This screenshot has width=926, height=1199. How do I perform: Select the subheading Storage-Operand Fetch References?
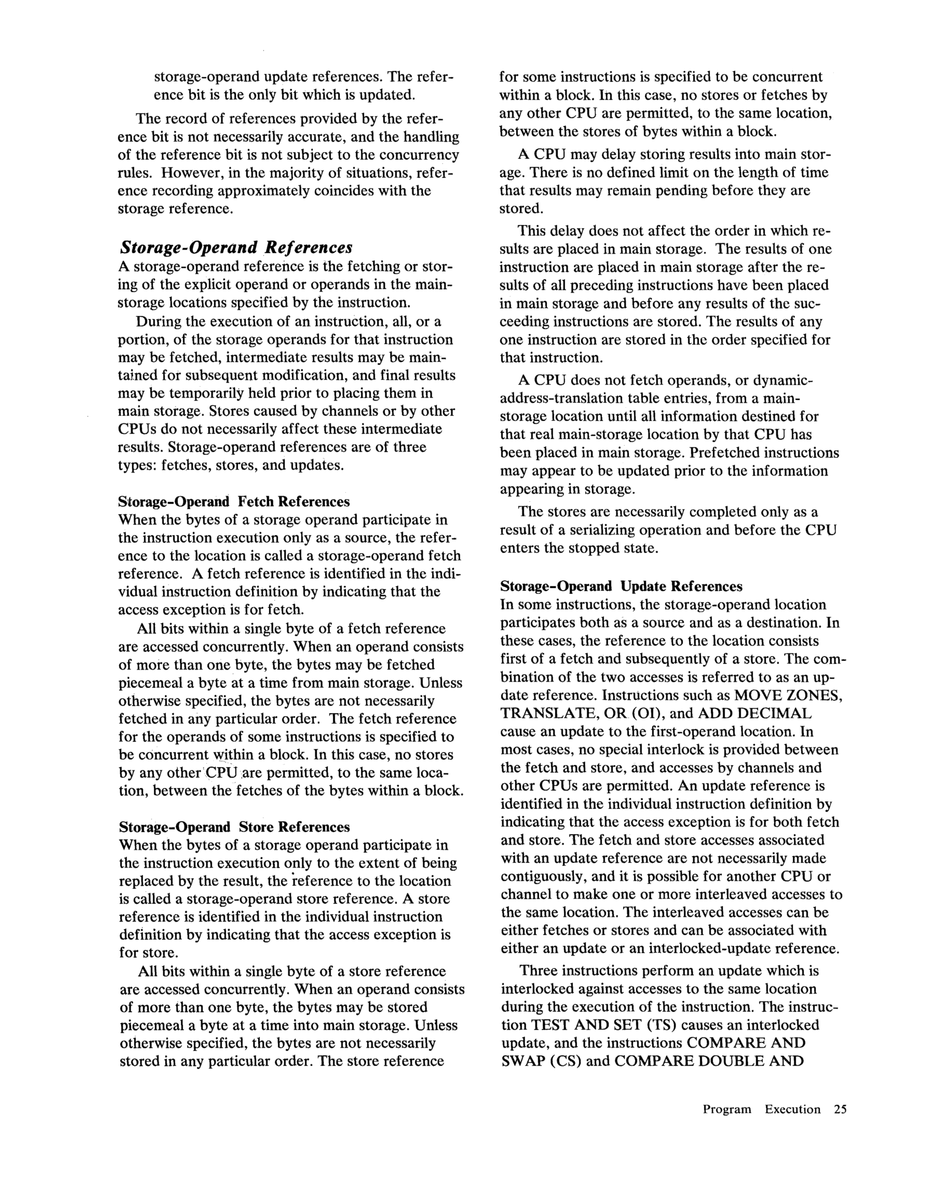pyautogui.click(x=234, y=502)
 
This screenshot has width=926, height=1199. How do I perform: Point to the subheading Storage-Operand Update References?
pyautogui.click(x=621, y=586)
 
